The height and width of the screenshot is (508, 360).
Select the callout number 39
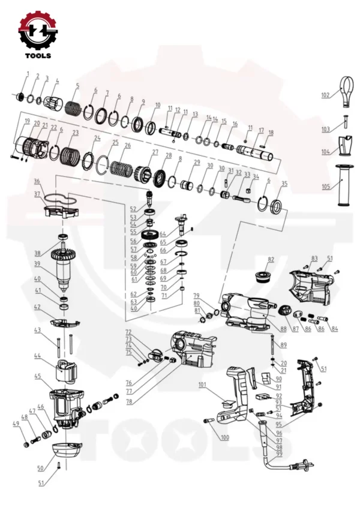[x=37, y=263]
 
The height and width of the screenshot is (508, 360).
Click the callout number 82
[x=271, y=259]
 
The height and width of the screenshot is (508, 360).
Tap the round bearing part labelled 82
[x=263, y=276]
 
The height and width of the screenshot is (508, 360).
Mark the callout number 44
[x=37, y=356]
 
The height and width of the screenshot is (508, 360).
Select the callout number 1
[x=26, y=73]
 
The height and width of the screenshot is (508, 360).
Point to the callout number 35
[x=284, y=183]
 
